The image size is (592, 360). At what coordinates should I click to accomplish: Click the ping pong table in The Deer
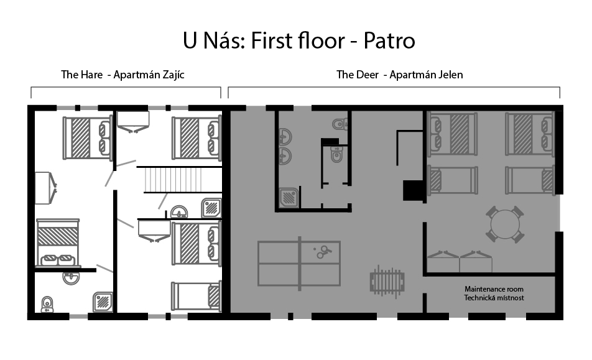coord(299,264)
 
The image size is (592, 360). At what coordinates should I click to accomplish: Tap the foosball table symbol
coord(387,281)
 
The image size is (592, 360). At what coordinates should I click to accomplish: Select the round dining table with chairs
coord(505,224)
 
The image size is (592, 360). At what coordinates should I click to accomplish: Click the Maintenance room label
coord(494,289)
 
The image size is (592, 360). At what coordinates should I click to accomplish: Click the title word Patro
coord(389,41)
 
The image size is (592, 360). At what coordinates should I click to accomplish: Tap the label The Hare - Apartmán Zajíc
coord(123,75)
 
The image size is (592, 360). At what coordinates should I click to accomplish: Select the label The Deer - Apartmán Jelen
coord(399,75)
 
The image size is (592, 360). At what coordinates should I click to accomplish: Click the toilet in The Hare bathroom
coord(47,305)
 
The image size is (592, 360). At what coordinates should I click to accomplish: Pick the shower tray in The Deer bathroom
coord(289,198)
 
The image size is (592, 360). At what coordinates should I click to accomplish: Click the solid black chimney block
coord(413,190)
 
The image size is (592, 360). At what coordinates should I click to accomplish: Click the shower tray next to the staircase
coord(211,208)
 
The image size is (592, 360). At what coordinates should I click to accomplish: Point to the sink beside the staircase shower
coord(179,211)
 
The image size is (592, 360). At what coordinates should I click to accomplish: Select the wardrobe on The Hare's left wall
coord(45,188)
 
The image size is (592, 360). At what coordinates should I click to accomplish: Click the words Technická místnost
coord(494,298)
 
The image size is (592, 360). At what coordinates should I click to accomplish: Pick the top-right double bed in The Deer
coord(530,134)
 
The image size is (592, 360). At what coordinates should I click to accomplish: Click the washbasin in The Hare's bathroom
coord(71,278)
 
